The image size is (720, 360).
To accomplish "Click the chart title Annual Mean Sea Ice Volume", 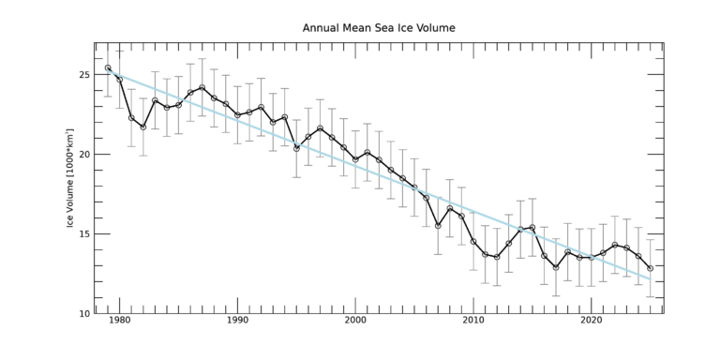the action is click(x=379, y=28).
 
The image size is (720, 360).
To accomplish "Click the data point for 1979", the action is click(x=108, y=67).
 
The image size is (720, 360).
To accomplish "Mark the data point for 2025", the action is click(x=651, y=268).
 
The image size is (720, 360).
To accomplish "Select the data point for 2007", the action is click(x=438, y=225).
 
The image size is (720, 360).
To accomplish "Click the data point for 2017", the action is click(x=556, y=267).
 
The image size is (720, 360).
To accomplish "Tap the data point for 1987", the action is click(x=202, y=87).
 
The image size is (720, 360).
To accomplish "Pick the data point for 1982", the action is click(x=143, y=127).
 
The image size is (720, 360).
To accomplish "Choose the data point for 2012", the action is click(x=497, y=257).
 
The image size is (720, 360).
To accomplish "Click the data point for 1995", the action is click(x=296, y=148).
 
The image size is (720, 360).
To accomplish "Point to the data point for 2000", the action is click(x=355, y=159).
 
